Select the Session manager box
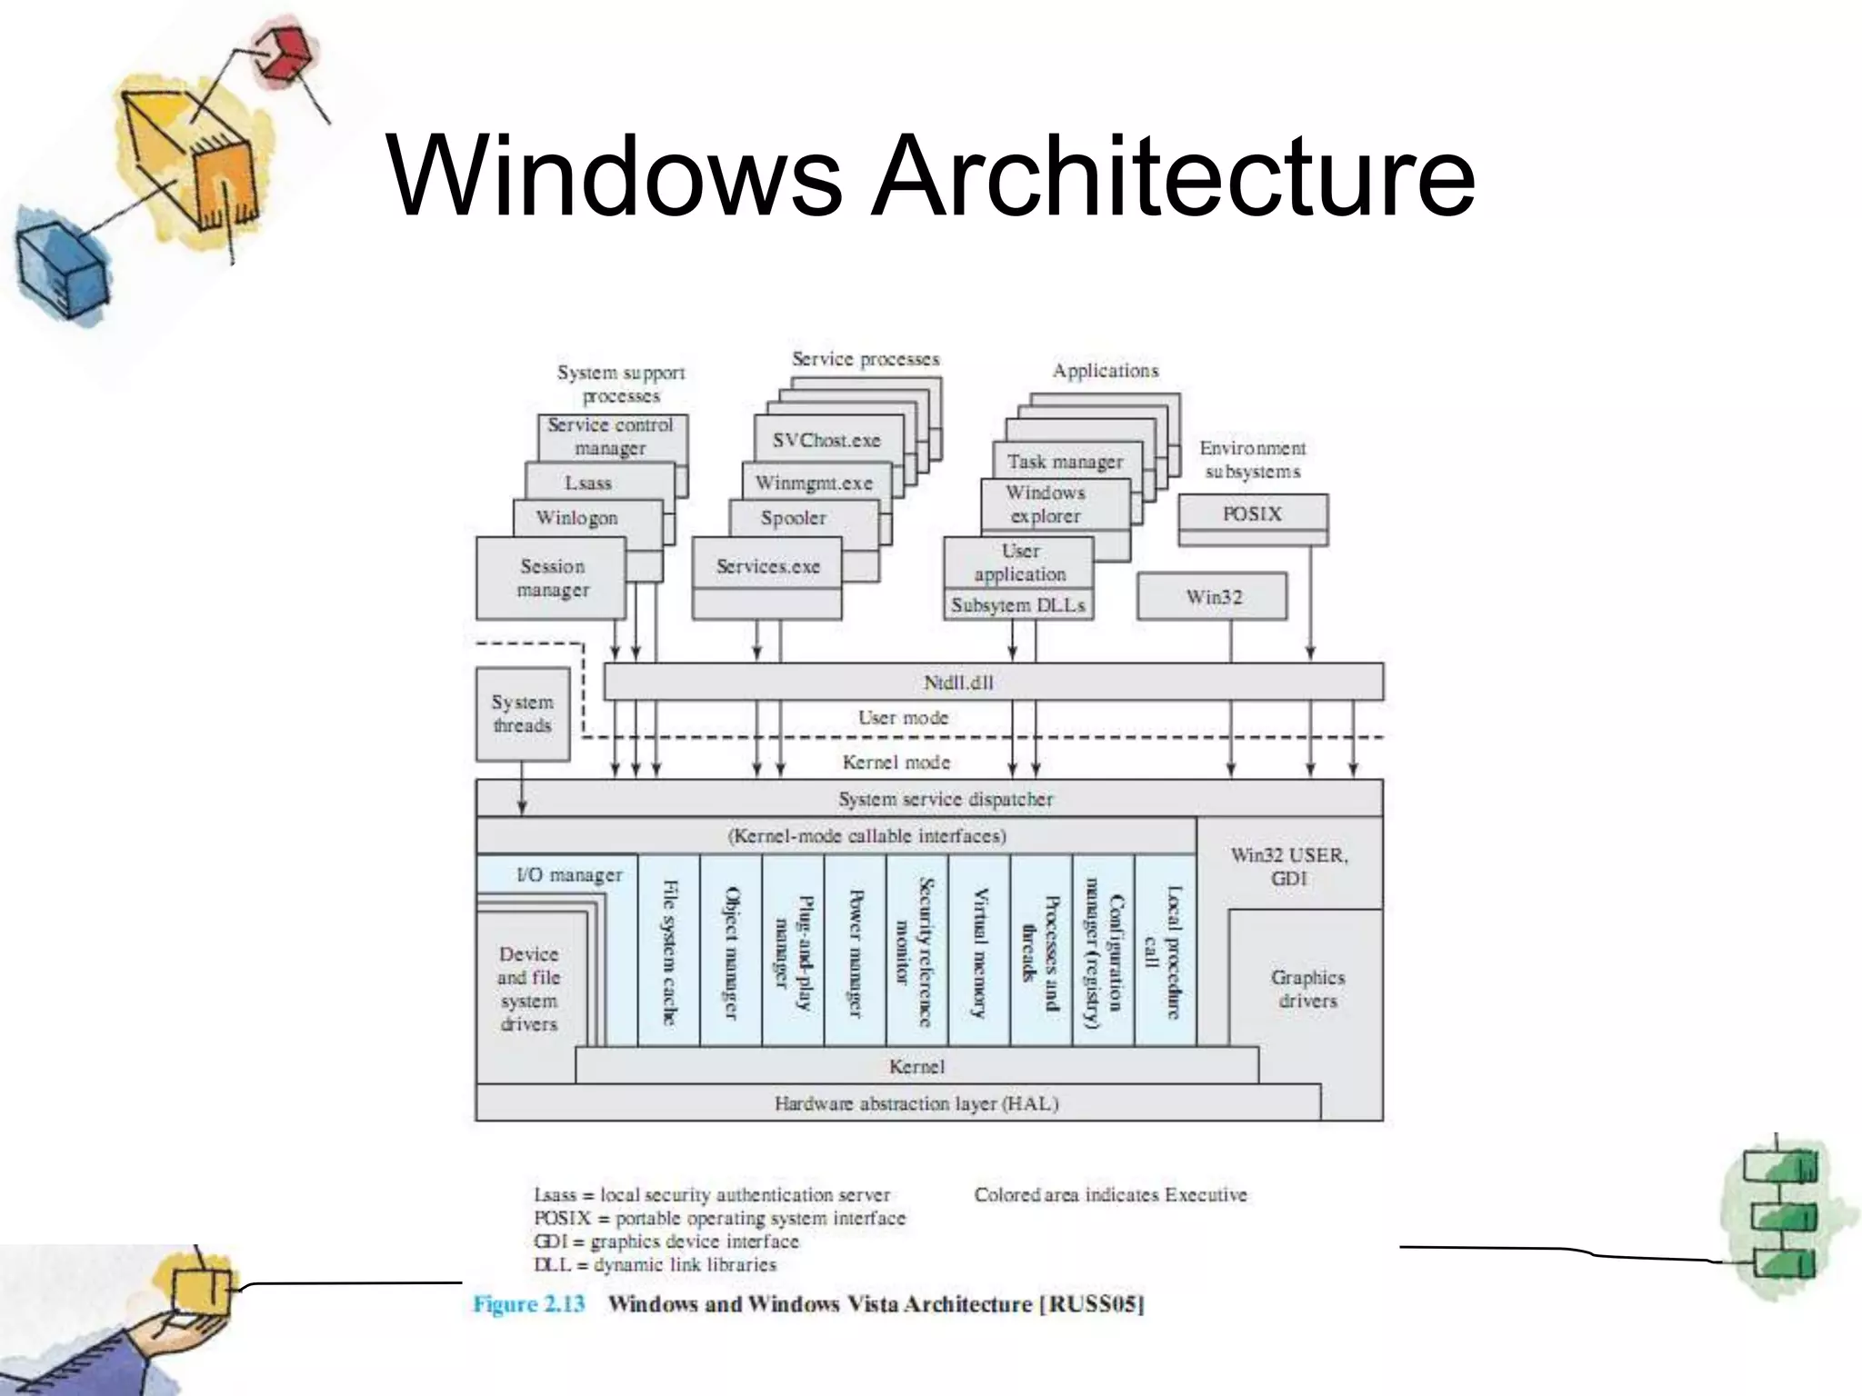[552, 578]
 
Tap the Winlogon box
[576, 518]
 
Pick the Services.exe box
[767, 566]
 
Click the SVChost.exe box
[826, 440]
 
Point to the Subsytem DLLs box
[1017, 605]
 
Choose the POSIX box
[1252, 514]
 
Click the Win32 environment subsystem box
[1213, 596]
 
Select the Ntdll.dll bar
[993, 682]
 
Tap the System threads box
[522, 714]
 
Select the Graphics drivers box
[1306, 989]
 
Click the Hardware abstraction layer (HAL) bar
[916, 1103]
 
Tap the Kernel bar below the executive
[916, 1066]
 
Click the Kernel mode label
[896, 763]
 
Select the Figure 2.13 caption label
[528, 1304]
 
